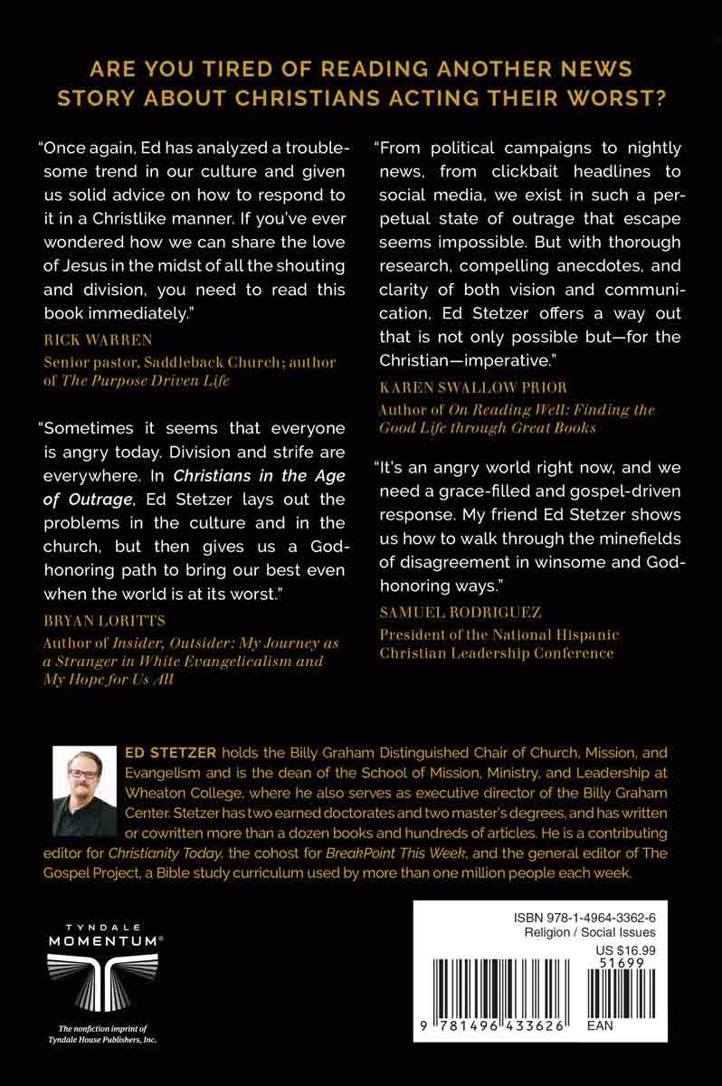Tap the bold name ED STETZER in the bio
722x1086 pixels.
tap(165, 752)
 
